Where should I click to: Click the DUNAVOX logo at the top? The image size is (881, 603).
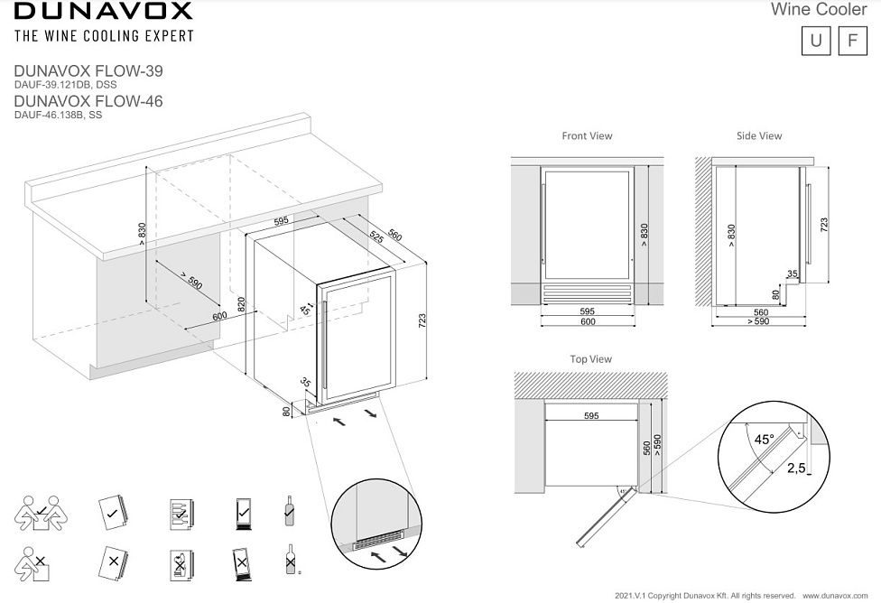(x=103, y=12)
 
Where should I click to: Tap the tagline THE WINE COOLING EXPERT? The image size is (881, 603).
(x=103, y=36)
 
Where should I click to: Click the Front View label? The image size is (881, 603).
(x=587, y=136)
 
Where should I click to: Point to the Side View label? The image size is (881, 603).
(x=759, y=136)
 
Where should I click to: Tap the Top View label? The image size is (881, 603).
(x=590, y=359)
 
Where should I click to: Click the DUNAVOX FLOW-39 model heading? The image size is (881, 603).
(x=88, y=70)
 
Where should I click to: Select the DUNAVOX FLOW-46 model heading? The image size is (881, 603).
(x=88, y=102)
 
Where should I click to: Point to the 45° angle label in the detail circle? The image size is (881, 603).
(x=765, y=440)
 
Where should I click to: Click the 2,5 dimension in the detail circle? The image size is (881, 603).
(x=795, y=468)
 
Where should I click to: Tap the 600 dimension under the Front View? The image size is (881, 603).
(x=587, y=321)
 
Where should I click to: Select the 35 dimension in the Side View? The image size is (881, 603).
(x=793, y=273)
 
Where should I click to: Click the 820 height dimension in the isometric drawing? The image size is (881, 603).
(x=241, y=304)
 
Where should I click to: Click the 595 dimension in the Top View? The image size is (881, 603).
(x=591, y=416)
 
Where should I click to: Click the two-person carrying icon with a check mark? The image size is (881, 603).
(x=35, y=513)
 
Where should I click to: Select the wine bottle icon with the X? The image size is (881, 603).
(x=289, y=561)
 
